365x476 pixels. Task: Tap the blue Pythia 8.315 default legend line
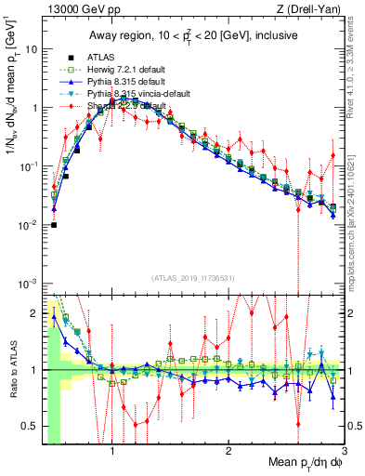(x=62, y=82)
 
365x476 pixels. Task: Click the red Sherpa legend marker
(x=62, y=106)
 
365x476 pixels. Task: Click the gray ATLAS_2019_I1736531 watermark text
(x=194, y=279)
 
